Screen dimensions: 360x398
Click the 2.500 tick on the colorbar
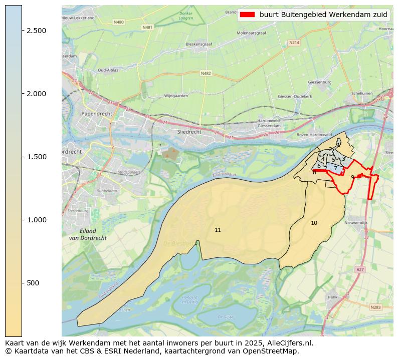pyautogui.click(x=22, y=31)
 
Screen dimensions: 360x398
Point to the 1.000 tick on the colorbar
pyautogui.click(x=22, y=220)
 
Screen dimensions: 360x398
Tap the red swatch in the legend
pyautogui.click(x=247, y=15)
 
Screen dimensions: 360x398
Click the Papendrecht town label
pyautogui.click(x=97, y=114)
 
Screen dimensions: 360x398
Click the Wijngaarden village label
pyautogui.click(x=176, y=95)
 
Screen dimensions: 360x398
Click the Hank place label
pyautogui.click(x=332, y=297)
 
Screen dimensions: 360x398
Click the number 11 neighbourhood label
pyautogui.click(x=218, y=230)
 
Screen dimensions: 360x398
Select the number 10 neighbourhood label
pyautogui.click(x=314, y=223)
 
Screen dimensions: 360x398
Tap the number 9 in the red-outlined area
pyautogui.click(x=352, y=177)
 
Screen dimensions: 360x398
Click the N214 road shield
pyautogui.click(x=294, y=43)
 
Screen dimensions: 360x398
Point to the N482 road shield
pyautogui.click(x=206, y=74)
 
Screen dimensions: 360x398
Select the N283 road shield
pyautogui.click(x=375, y=307)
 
